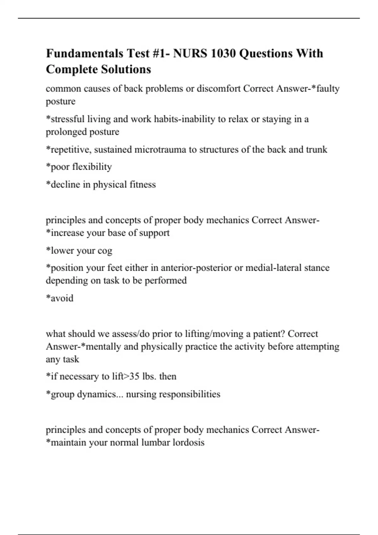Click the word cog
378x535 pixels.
[x=105, y=251]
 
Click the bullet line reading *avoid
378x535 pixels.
[x=60, y=298]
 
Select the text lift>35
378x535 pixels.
[x=126, y=376]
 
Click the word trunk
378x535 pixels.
[x=317, y=149]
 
